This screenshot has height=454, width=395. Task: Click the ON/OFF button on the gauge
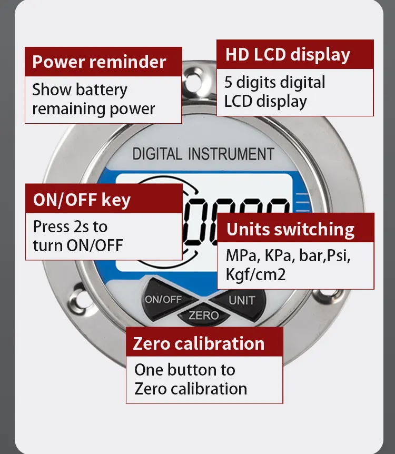click(x=165, y=299)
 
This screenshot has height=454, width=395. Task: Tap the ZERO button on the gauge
click(x=204, y=315)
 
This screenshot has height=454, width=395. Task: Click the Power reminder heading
click(x=99, y=62)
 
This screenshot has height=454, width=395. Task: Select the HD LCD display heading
click(x=288, y=55)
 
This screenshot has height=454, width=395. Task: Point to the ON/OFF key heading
click(x=82, y=200)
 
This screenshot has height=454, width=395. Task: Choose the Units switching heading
click(x=290, y=230)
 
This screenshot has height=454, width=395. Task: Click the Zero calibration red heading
click(x=199, y=344)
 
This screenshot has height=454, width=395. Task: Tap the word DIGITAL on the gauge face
click(x=157, y=154)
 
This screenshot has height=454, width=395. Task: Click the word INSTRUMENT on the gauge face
click(x=231, y=154)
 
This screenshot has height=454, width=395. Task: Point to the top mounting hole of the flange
click(x=193, y=81)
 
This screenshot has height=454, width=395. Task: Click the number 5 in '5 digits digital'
click(x=228, y=82)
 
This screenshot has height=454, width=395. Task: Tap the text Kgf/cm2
click(x=256, y=274)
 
